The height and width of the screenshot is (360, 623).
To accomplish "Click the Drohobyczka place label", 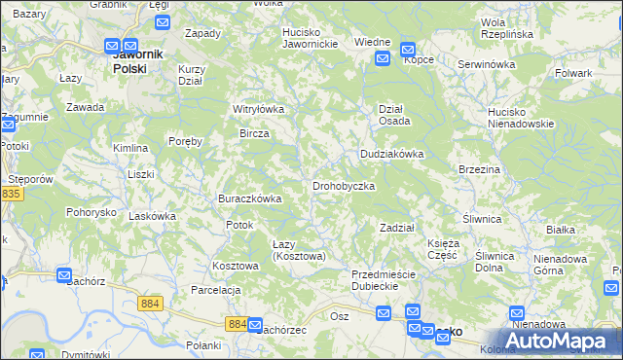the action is click(344, 185).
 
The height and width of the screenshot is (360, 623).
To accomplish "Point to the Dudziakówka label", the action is click(392, 154).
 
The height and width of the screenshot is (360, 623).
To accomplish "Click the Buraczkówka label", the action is click(249, 198).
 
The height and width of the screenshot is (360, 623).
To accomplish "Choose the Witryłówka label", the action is click(258, 109).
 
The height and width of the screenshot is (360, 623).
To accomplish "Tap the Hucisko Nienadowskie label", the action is click(521, 118).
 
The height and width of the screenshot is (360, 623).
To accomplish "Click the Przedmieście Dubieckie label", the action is click(384, 280).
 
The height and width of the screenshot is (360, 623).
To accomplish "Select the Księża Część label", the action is click(443, 248).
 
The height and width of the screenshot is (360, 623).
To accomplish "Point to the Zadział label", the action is click(397, 227).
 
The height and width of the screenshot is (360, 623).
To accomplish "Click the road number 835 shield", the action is click(12, 195).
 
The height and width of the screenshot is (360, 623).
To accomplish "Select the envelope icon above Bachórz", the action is click(64, 275).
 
